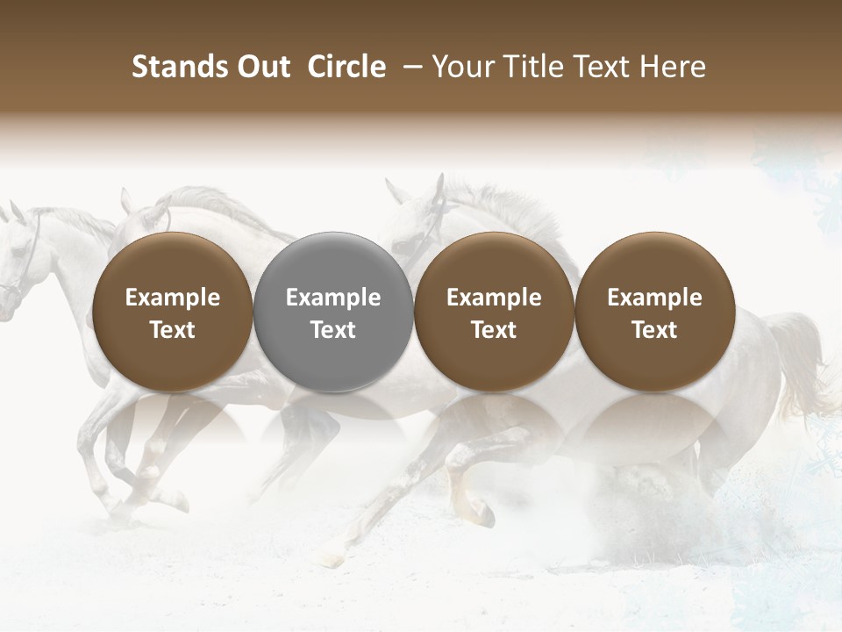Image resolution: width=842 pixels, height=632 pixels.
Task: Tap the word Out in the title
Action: (260, 67)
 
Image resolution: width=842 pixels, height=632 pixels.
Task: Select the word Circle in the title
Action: (346, 67)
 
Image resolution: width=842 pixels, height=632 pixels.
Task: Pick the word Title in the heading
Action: (533, 67)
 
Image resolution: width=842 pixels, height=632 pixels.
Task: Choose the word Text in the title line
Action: (605, 67)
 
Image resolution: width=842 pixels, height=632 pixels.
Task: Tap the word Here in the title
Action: (674, 67)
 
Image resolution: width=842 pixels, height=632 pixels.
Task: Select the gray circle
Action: (333, 312)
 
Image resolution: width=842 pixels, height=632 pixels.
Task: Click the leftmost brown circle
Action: (173, 312)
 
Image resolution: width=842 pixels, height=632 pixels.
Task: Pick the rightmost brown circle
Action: (654, 312)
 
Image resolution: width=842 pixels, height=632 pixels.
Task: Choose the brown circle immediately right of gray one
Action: (494, 312)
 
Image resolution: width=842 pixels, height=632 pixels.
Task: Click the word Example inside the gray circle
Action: (333, 298)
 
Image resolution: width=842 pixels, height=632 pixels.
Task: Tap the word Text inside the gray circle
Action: (333, 330)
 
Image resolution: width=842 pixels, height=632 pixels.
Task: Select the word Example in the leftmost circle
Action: (173, 298)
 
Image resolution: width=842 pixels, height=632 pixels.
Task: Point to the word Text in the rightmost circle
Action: (654, 330)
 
